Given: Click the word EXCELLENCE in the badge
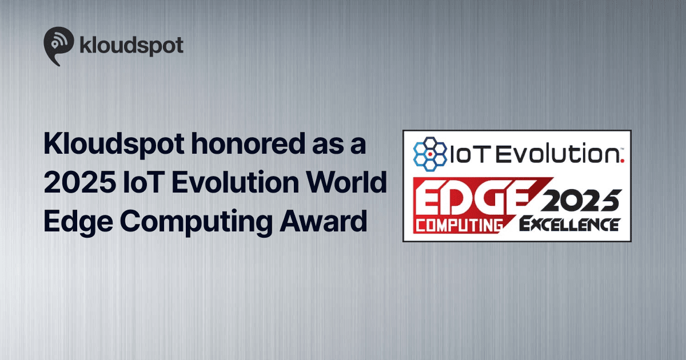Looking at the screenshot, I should pyautogui.click(x=569, y=224).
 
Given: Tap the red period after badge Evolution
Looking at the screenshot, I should pyautogui.click(x=622, y=161).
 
